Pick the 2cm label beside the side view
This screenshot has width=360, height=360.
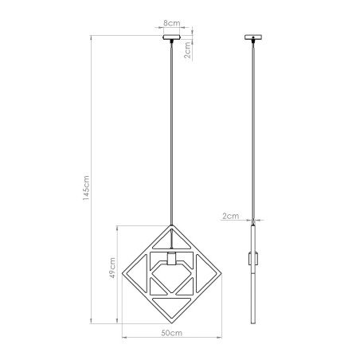pos(230,215)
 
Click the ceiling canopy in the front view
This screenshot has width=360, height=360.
pos(172,37)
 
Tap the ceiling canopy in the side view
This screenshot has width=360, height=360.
pos(255,37)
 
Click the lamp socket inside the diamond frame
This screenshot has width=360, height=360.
pos(172,259)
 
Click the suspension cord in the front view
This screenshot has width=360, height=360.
pos(172,127)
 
